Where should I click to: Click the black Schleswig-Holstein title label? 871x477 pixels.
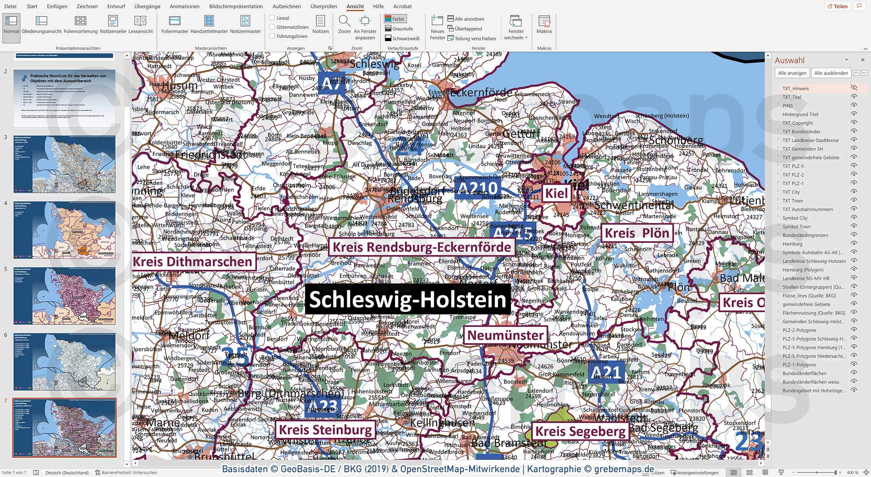point(407,300)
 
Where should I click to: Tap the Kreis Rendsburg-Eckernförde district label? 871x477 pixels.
point(422,247)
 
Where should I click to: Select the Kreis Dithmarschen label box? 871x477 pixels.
point(193,262)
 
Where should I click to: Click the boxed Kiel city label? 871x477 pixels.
point(556,193)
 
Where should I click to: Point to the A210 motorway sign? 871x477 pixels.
point(477,189)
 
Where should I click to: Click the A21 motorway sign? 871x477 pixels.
point(606,372)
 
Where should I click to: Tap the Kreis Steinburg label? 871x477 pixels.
point(325,430)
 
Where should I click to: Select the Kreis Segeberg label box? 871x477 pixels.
point(580,431)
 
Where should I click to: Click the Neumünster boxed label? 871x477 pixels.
point(505,335)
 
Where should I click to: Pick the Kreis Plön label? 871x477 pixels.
point(637,233)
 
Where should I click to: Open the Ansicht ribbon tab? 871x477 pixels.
point(355,6)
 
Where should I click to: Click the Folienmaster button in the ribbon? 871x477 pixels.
point(175,24)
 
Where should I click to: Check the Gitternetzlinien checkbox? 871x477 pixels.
point(272,27)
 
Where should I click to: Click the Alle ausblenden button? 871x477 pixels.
point(831,73)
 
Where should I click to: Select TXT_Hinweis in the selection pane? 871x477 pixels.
point(795,89)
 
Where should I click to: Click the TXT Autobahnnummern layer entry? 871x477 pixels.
point(807,210)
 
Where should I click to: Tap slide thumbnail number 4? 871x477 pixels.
point(65,230)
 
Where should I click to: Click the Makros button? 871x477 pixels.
point(544,24)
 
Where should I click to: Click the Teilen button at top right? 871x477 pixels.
point(837,6)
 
